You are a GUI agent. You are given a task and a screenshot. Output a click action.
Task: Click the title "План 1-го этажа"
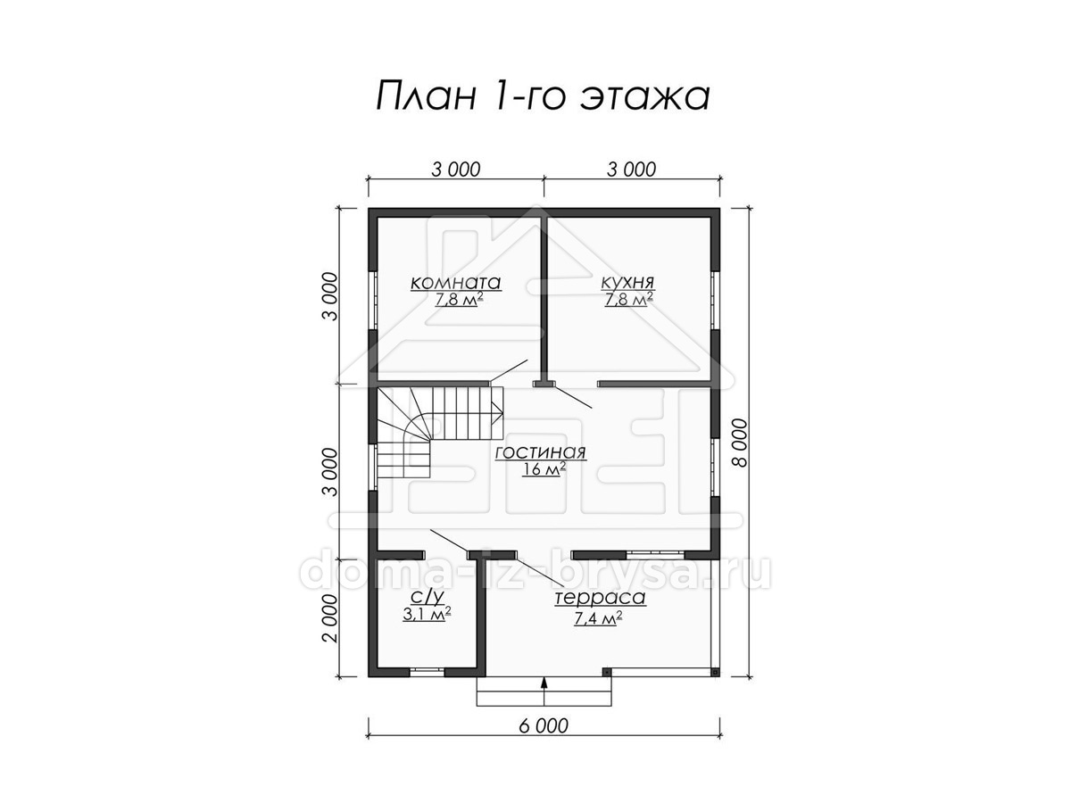[x=543, y=96]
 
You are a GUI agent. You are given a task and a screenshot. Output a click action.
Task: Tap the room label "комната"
[x=455, y=283]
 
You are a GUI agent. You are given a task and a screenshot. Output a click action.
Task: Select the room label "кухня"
[x=627, y=282]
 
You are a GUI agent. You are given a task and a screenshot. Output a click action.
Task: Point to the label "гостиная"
[x=541, y=452]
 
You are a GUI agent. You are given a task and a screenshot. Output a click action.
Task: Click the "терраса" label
[x=600, y=597]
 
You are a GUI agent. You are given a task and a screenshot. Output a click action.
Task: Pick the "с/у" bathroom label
[x=427, y=596]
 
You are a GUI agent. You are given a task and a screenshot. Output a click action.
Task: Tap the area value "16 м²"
[x=544, y=469]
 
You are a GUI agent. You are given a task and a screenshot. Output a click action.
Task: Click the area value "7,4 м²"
[x=598, y=618]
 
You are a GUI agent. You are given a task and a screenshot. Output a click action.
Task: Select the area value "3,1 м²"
[x=427, y=614]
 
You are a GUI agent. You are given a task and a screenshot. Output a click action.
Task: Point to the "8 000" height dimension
[x=740, y=443]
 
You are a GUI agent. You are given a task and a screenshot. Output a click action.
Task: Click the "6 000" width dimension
[x=544, y=740]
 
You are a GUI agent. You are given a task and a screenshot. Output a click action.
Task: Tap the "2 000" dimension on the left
[x=330, y=618]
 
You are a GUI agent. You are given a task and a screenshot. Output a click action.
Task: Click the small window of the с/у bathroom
[x=427, y=672]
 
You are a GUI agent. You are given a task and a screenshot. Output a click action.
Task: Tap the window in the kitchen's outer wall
[x=715, y=300]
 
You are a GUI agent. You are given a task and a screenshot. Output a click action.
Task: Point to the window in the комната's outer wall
[x=372, y=300]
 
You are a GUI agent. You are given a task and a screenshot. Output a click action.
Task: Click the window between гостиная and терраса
[x=655, y=554]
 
